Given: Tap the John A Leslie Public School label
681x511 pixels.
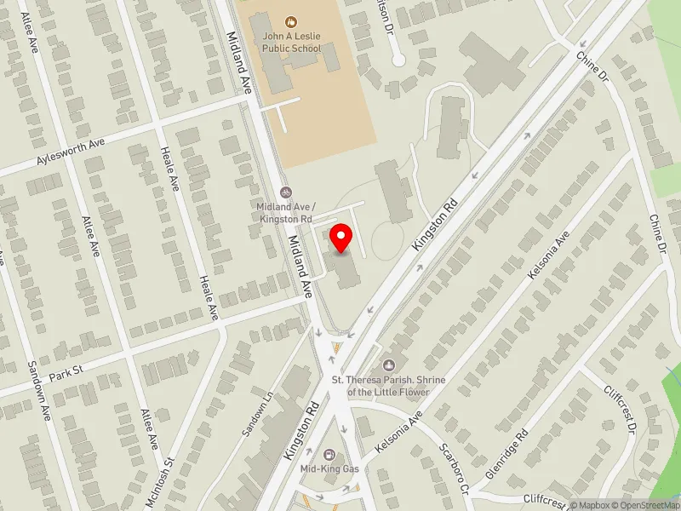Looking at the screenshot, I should [291, 43].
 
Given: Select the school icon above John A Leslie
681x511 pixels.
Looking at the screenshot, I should [291, 20].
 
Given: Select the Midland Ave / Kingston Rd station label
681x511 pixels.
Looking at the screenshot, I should [287, 213].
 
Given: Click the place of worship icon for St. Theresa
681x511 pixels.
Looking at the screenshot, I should [389, 365].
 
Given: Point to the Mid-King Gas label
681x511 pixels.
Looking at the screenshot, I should [328, 468].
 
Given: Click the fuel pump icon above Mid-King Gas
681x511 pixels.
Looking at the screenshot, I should [328, 454].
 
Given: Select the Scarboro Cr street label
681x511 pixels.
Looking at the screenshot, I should [455, 469].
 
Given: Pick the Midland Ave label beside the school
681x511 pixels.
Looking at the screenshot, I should [238, 64].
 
